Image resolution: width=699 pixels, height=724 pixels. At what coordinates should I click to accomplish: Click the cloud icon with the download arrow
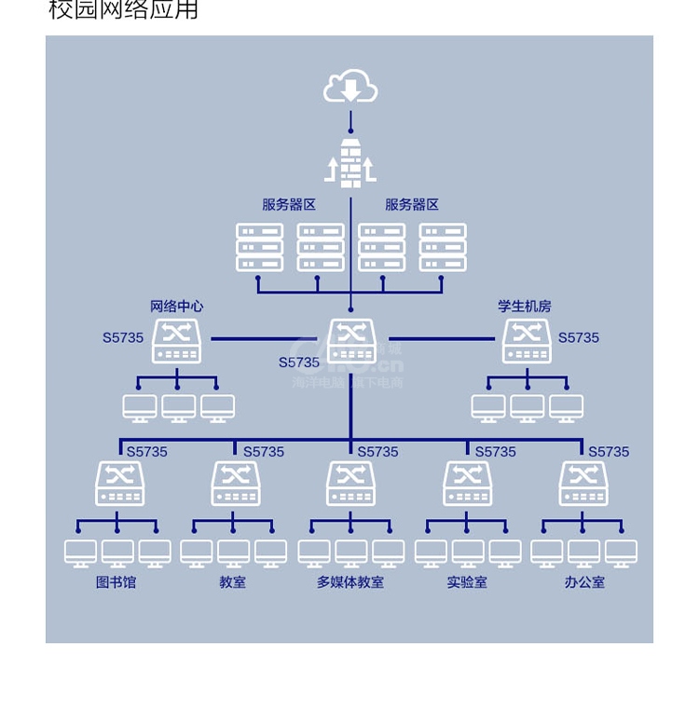350,88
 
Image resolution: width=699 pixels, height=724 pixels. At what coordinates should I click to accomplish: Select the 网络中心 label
176,306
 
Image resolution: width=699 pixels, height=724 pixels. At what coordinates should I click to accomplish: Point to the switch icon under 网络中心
176,341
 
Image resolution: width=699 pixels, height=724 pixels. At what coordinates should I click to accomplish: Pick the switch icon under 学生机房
527,341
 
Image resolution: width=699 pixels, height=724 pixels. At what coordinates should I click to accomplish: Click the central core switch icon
351,341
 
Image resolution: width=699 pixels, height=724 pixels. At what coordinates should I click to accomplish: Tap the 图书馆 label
116,582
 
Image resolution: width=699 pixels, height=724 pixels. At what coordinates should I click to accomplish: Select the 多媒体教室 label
350,582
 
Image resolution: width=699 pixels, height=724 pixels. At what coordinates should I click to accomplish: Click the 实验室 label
467,582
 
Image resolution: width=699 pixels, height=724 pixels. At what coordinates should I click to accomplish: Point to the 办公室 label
584,582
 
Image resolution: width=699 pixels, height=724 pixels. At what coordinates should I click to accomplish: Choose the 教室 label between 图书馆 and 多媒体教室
233,582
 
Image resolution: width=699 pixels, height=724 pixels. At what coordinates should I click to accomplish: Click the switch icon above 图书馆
119,483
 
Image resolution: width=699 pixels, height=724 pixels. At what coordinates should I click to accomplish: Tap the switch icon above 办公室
583,483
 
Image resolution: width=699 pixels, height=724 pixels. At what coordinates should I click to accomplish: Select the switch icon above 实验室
467,483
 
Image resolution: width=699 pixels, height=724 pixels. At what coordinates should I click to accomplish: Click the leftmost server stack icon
259,247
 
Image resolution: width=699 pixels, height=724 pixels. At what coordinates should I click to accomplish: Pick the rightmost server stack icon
443,247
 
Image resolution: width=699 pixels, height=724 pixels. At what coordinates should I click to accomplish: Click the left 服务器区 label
289,205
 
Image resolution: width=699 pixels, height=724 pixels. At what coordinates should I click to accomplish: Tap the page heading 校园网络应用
123,10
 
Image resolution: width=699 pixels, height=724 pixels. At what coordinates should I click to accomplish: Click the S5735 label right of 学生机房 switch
579,337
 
